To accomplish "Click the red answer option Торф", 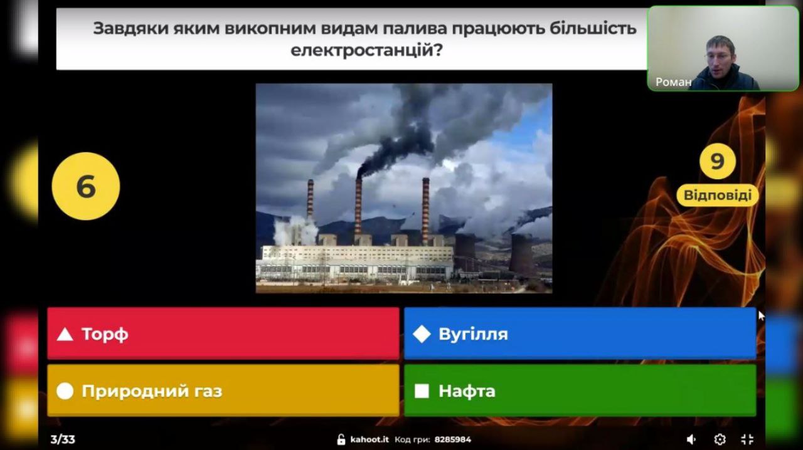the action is pyautogui.click(x=223, y=333).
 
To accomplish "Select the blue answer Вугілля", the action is pyautogui.click(x=580, y=333).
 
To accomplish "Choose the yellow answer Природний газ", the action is pyautogui.click(x=223, y=390).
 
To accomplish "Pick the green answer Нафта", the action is pyautogui.click(x=580, y=390).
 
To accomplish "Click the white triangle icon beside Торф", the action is pyautogui.click(x=65, y=334).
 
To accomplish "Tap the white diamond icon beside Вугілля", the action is pyautogui.click(x=422, y=334).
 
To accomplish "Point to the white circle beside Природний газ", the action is pyautogui.click(x=65, y=391).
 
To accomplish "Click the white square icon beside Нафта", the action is pyautogui.click(x=422, y=391).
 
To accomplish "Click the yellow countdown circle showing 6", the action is pyautogui.click(x=86, y=186).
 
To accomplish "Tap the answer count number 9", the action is pyautogui.click(x=717, y=161).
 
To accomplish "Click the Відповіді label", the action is pyautogui.click(x=717, y=196).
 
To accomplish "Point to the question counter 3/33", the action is pyautogui.click(x=63, y=439).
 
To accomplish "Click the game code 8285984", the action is pyautogui.click(x=453, y=439).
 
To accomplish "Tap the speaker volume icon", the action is pyautogui.click(x=691, y=439).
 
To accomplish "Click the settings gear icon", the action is pyautogui.click(x=720, y=439).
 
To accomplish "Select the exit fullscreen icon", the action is pyautogui.click(x=747, y=439).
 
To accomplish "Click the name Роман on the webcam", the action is pyautogui.click(x=673, y=82).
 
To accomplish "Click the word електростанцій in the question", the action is pyautogui.click(x=362, y=50).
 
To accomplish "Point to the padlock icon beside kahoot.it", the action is pyautogui.click(x=341, y=439).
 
